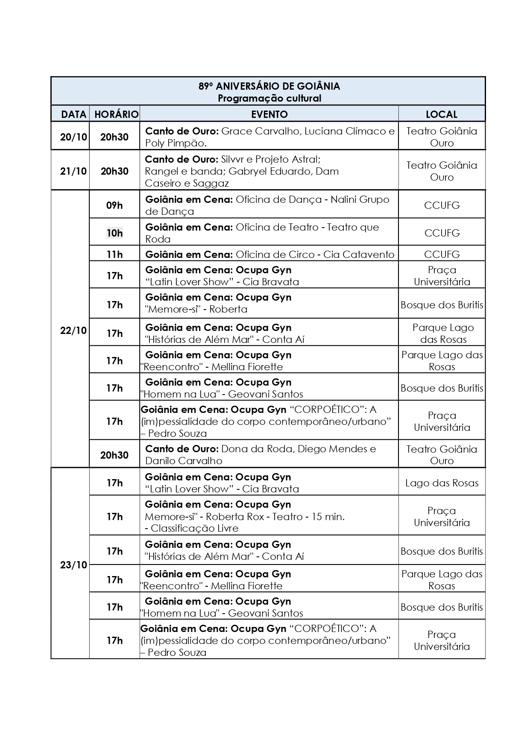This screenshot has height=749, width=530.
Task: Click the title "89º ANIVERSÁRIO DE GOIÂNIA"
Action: pos(269,86)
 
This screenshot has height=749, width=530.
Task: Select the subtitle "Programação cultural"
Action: pos(269,98)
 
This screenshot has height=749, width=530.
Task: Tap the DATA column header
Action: pos(73,114)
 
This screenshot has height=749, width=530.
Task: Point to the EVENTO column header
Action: pos(269,114)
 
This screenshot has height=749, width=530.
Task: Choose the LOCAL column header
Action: pos(442,114)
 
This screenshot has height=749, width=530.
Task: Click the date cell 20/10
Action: pos(73,137)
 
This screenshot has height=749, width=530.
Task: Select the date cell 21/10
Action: pos(73,171)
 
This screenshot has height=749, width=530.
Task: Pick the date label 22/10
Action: pos(73,331)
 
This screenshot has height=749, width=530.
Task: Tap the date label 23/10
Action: pos(73,565)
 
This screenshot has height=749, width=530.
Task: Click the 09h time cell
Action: pos(114,205)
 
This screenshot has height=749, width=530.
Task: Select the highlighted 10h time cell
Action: pos(114,233)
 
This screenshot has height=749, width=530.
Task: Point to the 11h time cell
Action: pos(114,255)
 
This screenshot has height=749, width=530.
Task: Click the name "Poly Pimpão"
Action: pos(176,143)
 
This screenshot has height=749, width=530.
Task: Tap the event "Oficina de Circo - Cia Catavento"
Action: pos(315,255)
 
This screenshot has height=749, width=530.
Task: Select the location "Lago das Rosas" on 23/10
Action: pos(442,483)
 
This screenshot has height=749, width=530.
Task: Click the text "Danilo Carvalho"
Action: pos(184,461)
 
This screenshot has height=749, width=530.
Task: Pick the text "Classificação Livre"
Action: pos(194,528)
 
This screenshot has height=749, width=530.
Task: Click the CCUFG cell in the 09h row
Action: pos(442,205)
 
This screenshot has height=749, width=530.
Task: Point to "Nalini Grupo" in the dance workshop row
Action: pos(360,199)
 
